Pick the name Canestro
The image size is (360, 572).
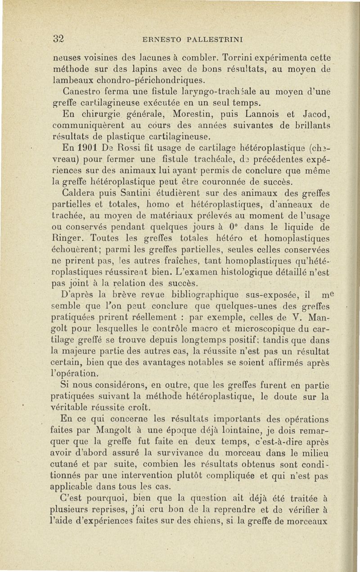point(81,92)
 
